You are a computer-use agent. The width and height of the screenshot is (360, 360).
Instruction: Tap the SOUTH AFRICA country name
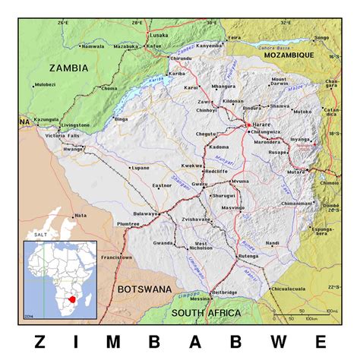(206, 313)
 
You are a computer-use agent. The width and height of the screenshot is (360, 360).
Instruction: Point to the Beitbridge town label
(224, 292)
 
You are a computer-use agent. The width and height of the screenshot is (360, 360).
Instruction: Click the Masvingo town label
(231, 207)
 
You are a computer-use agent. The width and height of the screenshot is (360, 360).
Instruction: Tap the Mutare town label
(295, 172)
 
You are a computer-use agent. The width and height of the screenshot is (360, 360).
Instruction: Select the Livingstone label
(75, 125)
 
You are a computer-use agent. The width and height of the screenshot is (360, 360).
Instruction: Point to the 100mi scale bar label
(330, 311)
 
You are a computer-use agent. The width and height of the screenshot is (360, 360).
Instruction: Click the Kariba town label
(177, 74)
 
